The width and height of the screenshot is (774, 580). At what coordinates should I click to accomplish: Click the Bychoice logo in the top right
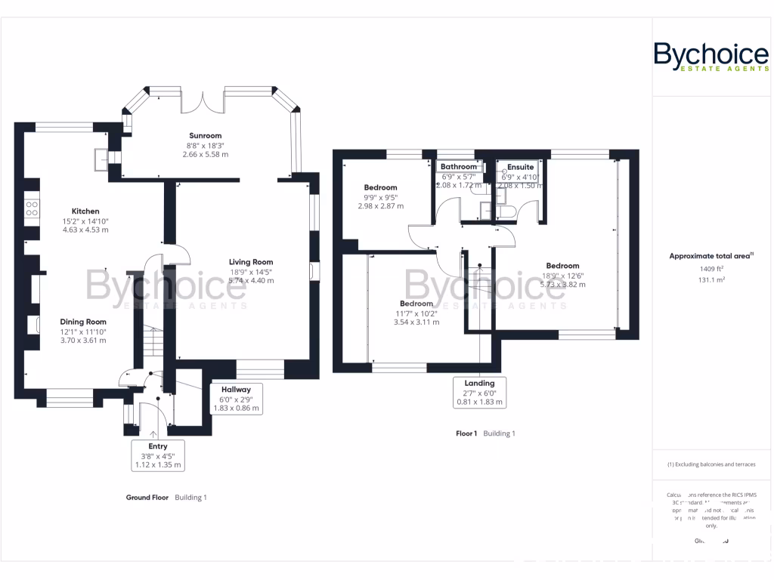click(711, 57)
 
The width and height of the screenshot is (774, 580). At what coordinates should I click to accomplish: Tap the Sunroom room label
click(205, 136)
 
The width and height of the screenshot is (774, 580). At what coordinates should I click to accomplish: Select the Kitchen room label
click(85, 211)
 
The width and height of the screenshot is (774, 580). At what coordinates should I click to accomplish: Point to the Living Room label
click(252, 262)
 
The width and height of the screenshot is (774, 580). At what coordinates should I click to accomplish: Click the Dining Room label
click(83, 322)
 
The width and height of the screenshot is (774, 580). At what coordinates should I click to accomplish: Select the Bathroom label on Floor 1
click(459, 167)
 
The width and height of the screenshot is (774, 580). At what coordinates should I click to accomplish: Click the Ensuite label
click(520, 167)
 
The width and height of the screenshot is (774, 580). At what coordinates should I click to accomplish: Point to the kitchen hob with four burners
click(32, 208)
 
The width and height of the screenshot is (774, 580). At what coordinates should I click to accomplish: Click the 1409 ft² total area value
click(711, 268)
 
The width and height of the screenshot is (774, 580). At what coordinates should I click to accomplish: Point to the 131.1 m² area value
click(711, 279)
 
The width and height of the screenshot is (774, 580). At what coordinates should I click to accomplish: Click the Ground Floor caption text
click(147, 498)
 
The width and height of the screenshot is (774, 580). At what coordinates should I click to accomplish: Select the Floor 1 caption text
click(466, 433)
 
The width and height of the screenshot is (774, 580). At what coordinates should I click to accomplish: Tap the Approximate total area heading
click(711, 256)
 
